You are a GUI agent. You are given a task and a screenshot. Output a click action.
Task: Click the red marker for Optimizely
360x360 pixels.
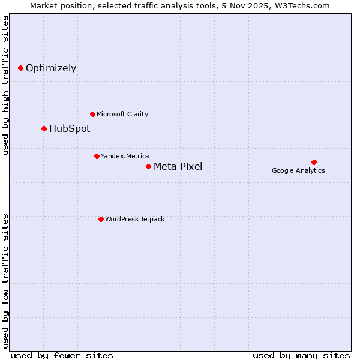[x=21, y=68]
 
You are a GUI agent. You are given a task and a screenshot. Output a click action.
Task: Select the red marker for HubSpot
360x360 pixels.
[x=44, y=128]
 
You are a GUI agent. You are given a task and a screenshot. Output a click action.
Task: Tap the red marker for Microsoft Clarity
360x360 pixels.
[x=92, y=114]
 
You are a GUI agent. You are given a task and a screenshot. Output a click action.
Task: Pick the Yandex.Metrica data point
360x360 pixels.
[x=97, y=156]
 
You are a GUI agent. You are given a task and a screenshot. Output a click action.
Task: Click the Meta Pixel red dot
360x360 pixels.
[x=148, y=166]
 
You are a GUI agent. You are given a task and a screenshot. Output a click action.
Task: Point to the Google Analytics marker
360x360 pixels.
[x=314, y=162]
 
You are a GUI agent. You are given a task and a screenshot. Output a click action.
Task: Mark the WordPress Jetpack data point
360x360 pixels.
[x=101, y=219]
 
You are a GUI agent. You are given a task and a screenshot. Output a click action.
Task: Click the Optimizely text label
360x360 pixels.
[x=51, y=68]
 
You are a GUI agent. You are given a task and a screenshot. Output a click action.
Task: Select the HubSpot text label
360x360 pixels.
[x=70, y=128]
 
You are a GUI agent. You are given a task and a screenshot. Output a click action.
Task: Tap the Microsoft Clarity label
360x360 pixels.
[x=122, y=114]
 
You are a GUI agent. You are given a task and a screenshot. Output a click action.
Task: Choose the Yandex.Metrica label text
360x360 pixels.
[x=125, y=156]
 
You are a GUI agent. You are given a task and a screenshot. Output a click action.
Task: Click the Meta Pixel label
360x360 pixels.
[x=178, y=166]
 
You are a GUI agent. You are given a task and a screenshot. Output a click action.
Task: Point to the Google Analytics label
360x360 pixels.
[x=298, y=170]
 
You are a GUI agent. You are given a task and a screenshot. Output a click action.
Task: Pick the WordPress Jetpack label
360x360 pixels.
[x=134, y=219]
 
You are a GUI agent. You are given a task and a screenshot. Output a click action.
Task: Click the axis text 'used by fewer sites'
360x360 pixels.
[x=62, y=355]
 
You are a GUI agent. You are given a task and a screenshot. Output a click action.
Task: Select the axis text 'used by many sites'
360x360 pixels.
[x=301, y=355]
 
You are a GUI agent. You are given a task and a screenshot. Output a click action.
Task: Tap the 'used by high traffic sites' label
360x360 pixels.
[x=6, y=85]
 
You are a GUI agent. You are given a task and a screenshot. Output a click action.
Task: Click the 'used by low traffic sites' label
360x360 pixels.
[x=6, y=280]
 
